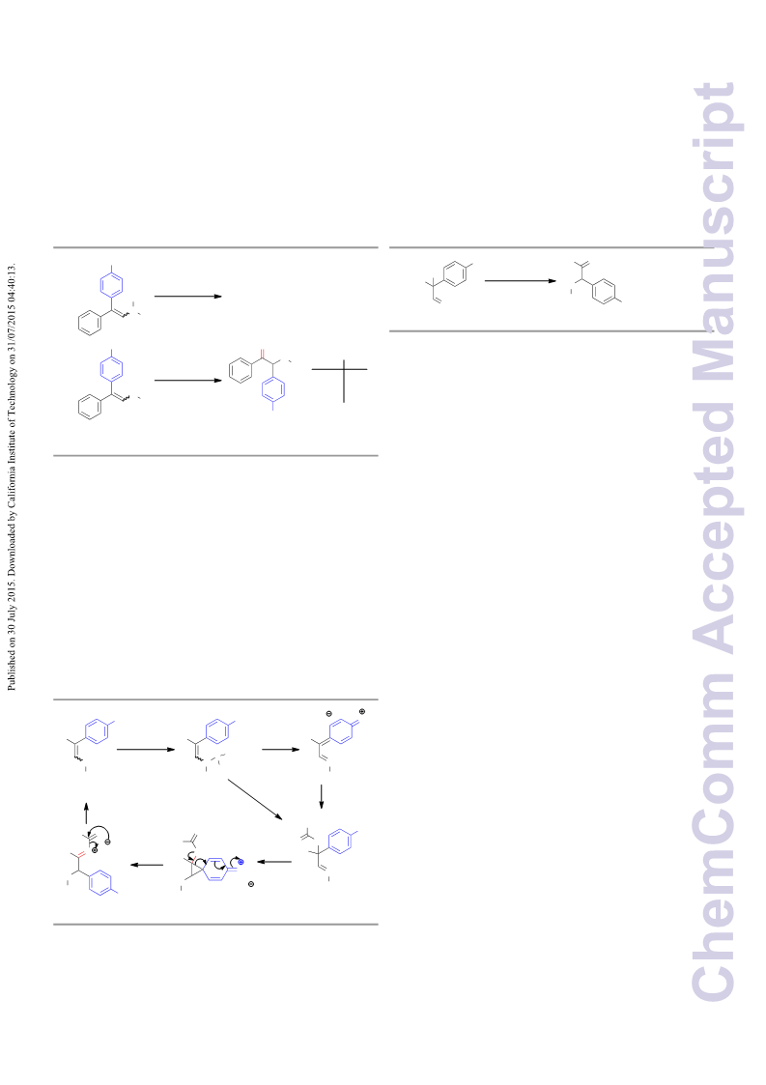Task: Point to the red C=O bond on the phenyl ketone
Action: pos(262,356)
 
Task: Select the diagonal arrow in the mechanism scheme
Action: pos(255,799)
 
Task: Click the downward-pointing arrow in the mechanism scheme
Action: pos(321,796)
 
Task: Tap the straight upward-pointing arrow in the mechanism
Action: pos(86,814)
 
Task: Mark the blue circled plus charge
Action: pos(241,862)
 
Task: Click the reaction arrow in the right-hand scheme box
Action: pos(521,281)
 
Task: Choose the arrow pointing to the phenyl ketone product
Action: pos(188,380)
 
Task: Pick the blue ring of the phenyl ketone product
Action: pos(273,390)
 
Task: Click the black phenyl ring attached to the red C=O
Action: pos(241,370)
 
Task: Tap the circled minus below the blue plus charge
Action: pos(250,884)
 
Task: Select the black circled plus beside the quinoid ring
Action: pos(362,711)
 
